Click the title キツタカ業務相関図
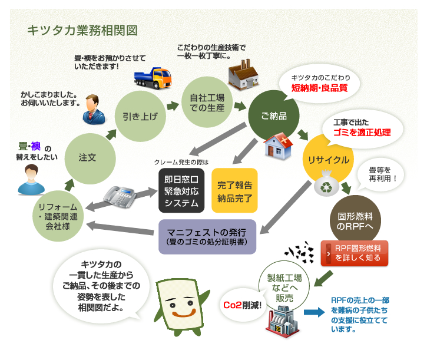(x=82, y=30)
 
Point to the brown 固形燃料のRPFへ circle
(x=355, y=220)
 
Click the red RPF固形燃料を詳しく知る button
(x=354, y=253)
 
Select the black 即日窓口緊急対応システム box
(x=182, y=189)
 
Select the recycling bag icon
(x=326, y=186)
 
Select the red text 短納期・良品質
(x=319, y=89)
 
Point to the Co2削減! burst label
(x=243, y=305)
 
